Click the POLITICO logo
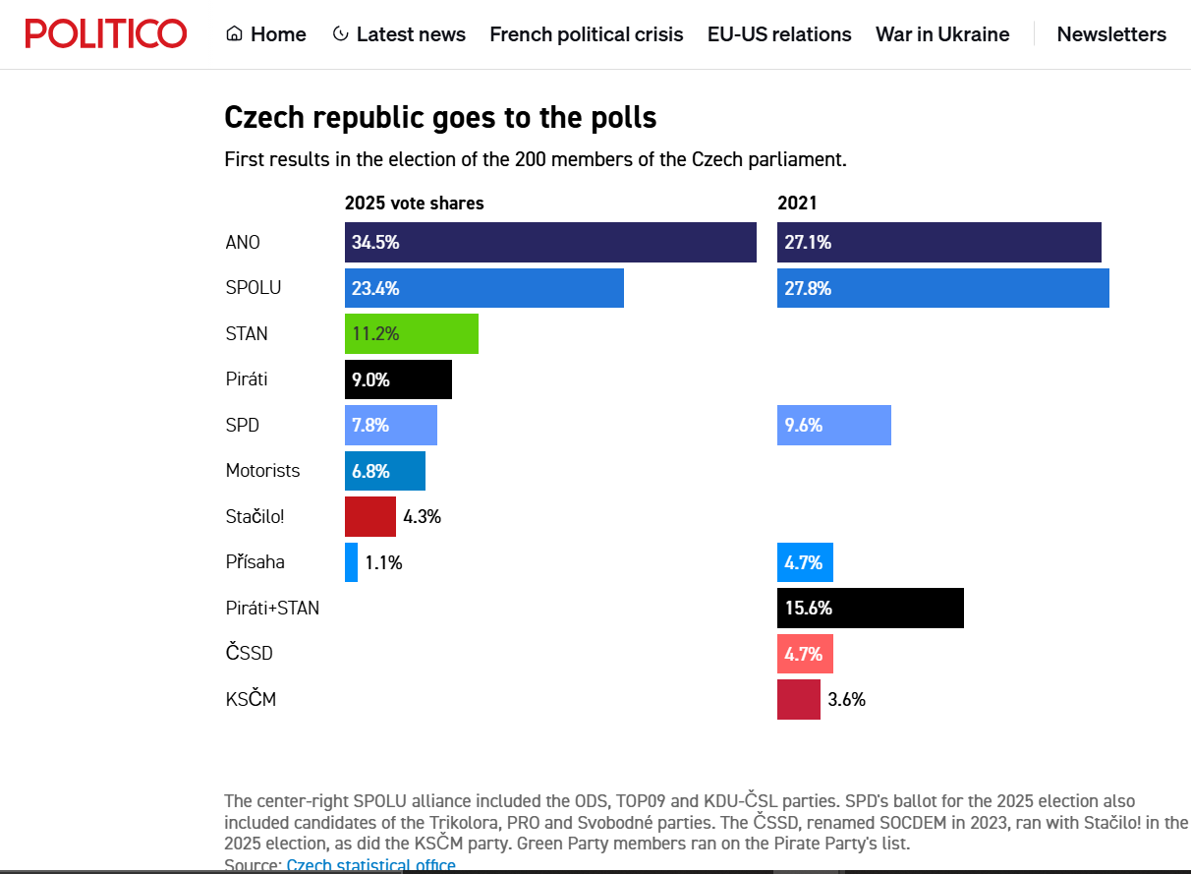point(106,33)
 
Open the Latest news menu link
point(399,34)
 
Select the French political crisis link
point(586,34)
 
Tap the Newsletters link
point(1111,34)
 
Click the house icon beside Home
point(234,33)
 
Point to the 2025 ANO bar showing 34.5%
point(550,243)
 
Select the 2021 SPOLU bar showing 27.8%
point(942,288)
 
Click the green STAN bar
point(412,334)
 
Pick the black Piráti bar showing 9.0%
point(398,379)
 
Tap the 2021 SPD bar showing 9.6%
point(833,426)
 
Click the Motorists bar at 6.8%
point(385,471)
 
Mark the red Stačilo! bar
point(370,516)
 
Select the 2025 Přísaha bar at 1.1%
point(351,562)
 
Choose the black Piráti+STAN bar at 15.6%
point(871,608)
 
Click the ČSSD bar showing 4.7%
point(805,654)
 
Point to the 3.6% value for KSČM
point(846,700)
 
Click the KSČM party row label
point(251,698)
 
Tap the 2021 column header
point(797,204)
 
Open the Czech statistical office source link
point(371,865)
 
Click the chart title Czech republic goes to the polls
point(440,118)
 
